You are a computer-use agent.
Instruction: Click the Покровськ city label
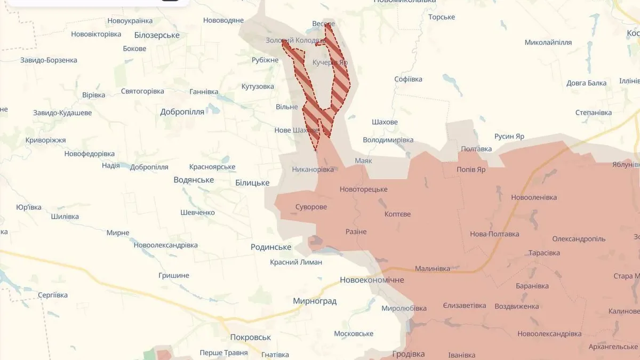(x=250, y=338)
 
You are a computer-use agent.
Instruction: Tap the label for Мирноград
(x=315, y=301)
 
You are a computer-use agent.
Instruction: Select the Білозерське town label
(x=157, y=35)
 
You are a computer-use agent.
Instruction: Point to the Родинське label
(x=271, y=247)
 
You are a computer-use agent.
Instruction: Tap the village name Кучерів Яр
(x=330, y=62)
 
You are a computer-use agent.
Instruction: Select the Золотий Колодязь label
(x=295, y=41)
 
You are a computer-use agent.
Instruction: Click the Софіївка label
(x=408, y=79)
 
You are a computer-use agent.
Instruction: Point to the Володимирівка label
(x=388, y=140)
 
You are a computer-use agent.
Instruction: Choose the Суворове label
(x=311, y=207)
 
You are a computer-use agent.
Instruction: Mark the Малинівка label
(x=432, y=269)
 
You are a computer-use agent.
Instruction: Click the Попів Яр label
(x=471, y=170)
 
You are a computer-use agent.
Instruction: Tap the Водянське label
(x=194, y=180)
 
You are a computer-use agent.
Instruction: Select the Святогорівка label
(x=142, y=91)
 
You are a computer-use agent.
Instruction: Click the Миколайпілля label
(x=548, y=43)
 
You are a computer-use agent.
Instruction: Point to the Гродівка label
(x=408, y=354)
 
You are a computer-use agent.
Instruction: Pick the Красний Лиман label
(x=295, y=262)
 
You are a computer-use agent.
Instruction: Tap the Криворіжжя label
(x=45, y=140)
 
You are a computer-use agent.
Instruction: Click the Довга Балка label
(x=586, y=83)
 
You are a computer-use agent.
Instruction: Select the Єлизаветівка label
(x=464, y=306)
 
